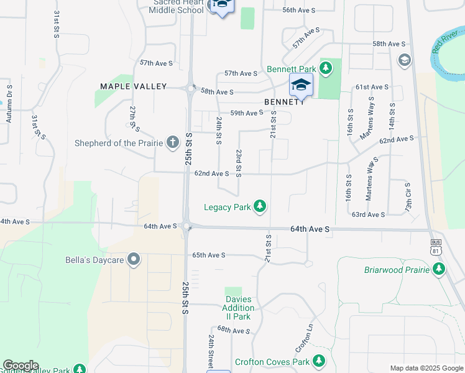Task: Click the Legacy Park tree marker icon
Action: (x=260, y=206)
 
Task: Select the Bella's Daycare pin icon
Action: (x=133, y=259)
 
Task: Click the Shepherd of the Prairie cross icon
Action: (x=172, y=143)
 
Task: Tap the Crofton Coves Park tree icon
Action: (x=319, y=361)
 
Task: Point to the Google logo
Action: (x=21, y=366)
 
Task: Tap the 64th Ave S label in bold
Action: (x=310, y=229)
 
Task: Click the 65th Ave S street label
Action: (x=208, y=255)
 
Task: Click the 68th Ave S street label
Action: (x=233, y=330)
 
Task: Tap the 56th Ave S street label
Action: (x=299, y=11)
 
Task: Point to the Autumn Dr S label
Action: (x=9, y=103)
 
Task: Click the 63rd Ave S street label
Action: (x=368, y=214)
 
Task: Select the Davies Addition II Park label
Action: (x=239, y=308)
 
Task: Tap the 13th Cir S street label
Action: (x=408, y=195)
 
